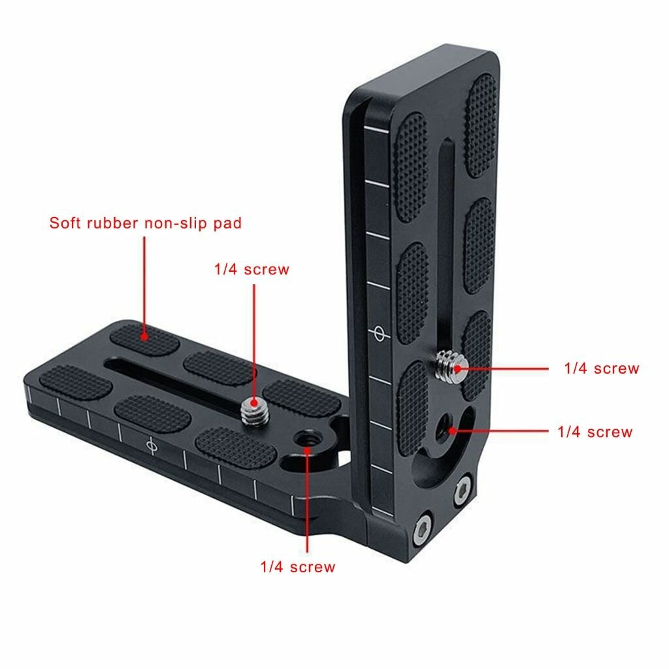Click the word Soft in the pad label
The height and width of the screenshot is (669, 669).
(67, 223)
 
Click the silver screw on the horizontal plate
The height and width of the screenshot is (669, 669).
(250, 411)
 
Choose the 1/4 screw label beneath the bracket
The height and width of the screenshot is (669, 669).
(297, 566)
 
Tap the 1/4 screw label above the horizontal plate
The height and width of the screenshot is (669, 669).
(252, 269)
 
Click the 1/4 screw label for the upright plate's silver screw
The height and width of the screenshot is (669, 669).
(602, 368)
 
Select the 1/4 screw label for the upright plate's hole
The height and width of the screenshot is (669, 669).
(595, 432)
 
